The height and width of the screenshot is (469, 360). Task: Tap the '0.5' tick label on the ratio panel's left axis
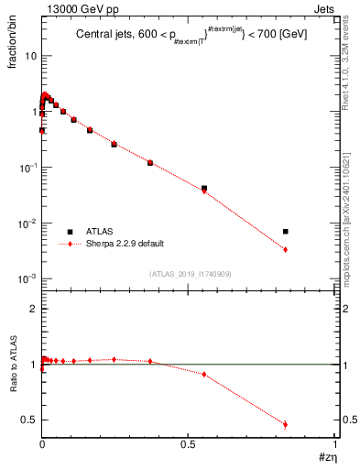[29, 420]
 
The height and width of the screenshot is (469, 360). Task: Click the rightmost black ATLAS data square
[286, 231]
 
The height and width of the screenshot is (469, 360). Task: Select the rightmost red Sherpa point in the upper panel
[286, 249]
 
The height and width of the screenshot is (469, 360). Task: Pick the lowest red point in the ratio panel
[286, 424]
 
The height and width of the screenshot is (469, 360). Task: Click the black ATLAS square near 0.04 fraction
[204, 188]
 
